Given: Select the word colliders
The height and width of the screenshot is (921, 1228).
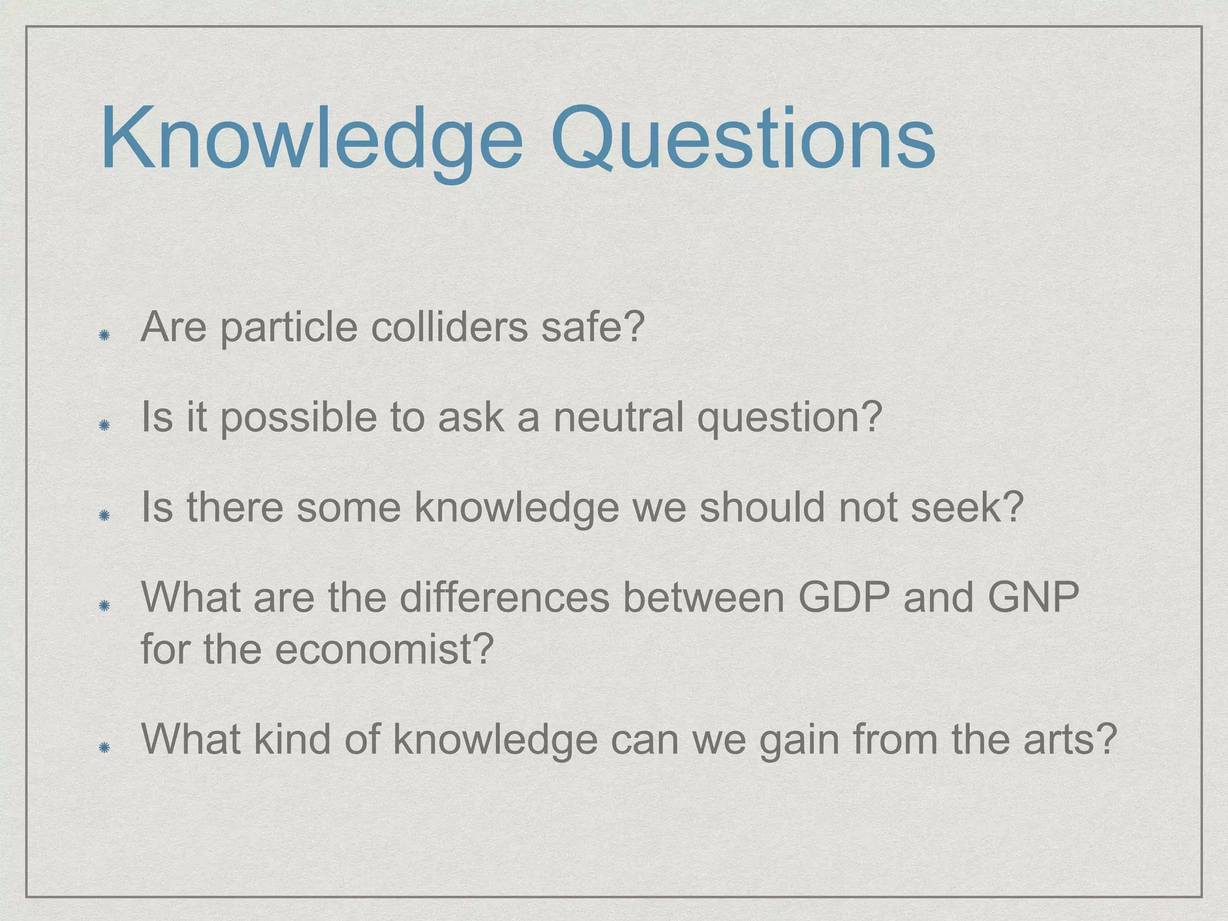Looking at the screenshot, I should [x=450, y=328].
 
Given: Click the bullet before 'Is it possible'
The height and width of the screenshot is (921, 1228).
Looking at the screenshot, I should [x=104, y=425].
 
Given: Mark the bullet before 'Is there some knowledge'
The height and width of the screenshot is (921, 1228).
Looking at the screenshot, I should [x=104, y=515].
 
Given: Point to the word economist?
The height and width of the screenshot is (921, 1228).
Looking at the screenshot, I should [x=384, y=650].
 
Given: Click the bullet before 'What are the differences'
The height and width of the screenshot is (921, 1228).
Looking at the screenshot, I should [x=104, y=606].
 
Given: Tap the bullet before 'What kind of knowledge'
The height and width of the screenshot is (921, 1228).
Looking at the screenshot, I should [x=104, y=747].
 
